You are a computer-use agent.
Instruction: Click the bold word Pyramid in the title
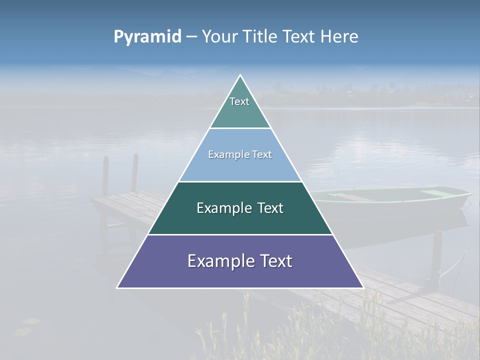point(147,37)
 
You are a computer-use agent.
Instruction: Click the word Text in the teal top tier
point(239,101)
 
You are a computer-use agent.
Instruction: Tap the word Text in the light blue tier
point(262,154)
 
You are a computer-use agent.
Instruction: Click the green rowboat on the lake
point(395,200)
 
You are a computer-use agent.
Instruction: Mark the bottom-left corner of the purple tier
point(117,287)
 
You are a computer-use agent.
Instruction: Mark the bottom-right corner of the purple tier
point(363,287)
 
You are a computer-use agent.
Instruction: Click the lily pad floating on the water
point(22,330)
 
